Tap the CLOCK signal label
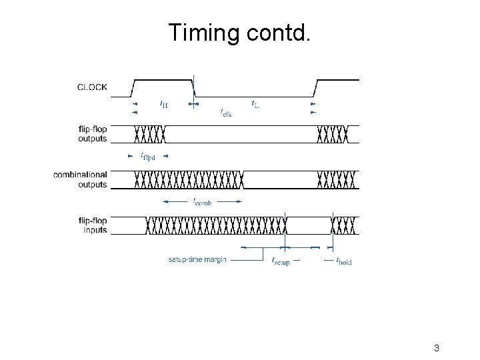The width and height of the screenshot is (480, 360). coord(92,87)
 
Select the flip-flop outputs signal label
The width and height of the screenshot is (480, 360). coord(92,134)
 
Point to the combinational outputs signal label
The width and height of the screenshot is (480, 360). coord(81,179)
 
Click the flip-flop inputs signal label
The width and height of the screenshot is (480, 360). coord(92,225)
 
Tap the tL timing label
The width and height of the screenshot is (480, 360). coord(255,104)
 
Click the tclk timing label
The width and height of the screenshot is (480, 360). coord(226,113)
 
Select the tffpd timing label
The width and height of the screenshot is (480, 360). coord(148,157)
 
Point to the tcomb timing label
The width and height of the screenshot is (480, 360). coord(202,201)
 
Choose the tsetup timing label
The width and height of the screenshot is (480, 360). coord(280,261)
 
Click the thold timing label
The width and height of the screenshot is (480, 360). coord(344,261)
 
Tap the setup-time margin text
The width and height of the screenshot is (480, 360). coord(197,259)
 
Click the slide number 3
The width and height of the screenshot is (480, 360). coord(436,348)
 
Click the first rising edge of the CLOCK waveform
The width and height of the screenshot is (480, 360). coord(134,87)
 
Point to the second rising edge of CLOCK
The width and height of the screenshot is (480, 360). coord(315,87)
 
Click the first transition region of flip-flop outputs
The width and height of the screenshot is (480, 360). coord(150,134)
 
